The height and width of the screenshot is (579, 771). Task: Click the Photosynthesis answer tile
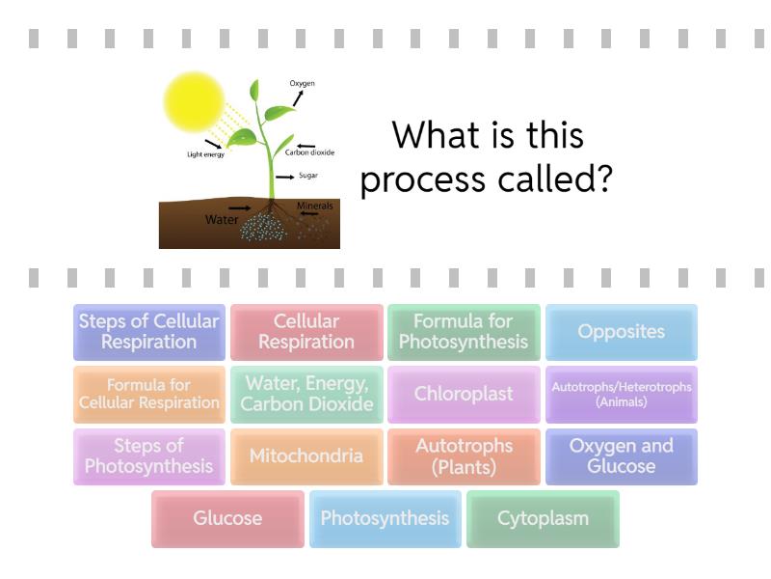point(385,519)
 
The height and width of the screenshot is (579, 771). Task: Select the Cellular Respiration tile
point(306,332)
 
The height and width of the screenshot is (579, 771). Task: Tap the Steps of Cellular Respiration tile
point(149,332)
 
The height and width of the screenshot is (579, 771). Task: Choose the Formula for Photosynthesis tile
point(464,332)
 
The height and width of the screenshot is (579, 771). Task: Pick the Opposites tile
point(621,332)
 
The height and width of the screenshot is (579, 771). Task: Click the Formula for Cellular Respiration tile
point(149,394)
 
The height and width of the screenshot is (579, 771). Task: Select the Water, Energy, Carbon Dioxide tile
point(306,394)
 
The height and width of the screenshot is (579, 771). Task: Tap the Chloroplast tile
point(464,394)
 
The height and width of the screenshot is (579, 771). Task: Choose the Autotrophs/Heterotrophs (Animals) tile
point(621,394)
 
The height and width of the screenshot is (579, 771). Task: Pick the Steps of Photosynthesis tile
point(149,456)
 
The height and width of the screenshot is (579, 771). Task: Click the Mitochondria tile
point(306,456)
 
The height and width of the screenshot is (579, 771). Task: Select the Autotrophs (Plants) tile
point(464,456)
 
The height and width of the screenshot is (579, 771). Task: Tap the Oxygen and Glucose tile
point(621,456)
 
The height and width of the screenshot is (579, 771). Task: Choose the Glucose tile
point(227,519)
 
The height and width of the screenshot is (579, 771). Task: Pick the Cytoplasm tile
point(543,519)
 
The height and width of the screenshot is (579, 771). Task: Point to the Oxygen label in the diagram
point(302,84)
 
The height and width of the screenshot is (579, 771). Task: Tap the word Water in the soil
point(221,220)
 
